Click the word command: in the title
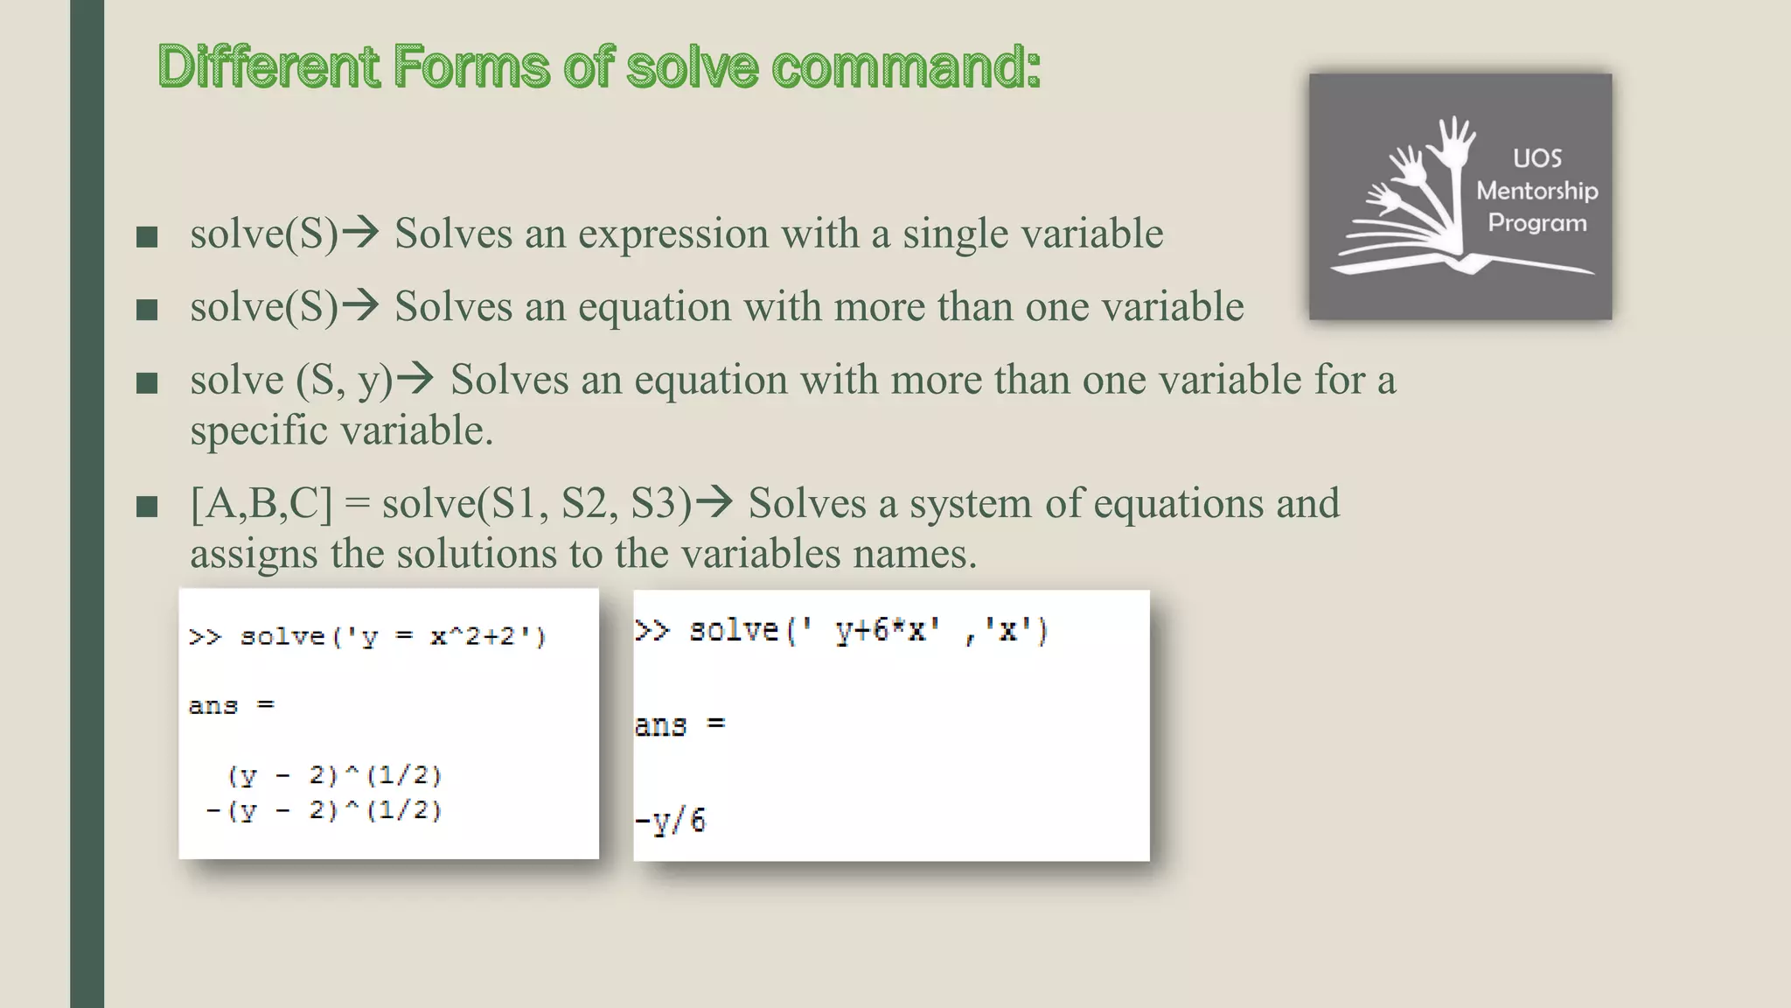(906, 67)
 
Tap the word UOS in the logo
(1537, 158)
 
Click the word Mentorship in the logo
(1537, 191)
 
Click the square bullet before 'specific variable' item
(147, 382)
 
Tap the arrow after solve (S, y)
(415, 379)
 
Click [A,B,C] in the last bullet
(261, 504)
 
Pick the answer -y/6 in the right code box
(670, 821)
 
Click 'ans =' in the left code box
(231, 705)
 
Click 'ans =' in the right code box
(679, 724)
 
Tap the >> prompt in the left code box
(205, 636)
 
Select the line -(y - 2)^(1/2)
(324, 810)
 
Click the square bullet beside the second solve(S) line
(147, 309)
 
